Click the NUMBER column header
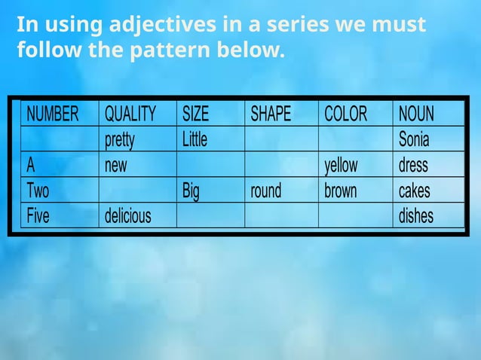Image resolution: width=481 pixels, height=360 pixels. tap(52, 114)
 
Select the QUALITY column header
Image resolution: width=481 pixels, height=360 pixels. tap(130, 114)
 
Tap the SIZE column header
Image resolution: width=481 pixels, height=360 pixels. tap(196, 114)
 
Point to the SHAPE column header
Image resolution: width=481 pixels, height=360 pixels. tap(271, 114)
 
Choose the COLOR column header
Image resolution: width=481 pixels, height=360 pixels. tap(345, 114)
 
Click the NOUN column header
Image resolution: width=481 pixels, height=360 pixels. tap(416, 114)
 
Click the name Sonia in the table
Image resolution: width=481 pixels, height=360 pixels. tap(414, 140)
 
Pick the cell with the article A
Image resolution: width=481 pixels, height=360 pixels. tap(31, 166)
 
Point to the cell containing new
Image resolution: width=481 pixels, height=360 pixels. tap(116, 166)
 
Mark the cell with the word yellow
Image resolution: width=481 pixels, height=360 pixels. tap(341, 166)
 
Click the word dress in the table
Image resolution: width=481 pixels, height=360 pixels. tap(413, 166)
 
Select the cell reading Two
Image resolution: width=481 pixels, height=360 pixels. tap(38, 191)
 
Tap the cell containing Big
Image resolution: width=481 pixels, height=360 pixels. tap(191, 191)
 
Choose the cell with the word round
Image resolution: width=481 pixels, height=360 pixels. tap(266, 191)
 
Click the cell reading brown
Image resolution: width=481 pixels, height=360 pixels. tap(340, 191)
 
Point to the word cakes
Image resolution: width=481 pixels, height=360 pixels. tap(415, 191)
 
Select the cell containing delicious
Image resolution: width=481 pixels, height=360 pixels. tap(127, 217)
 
